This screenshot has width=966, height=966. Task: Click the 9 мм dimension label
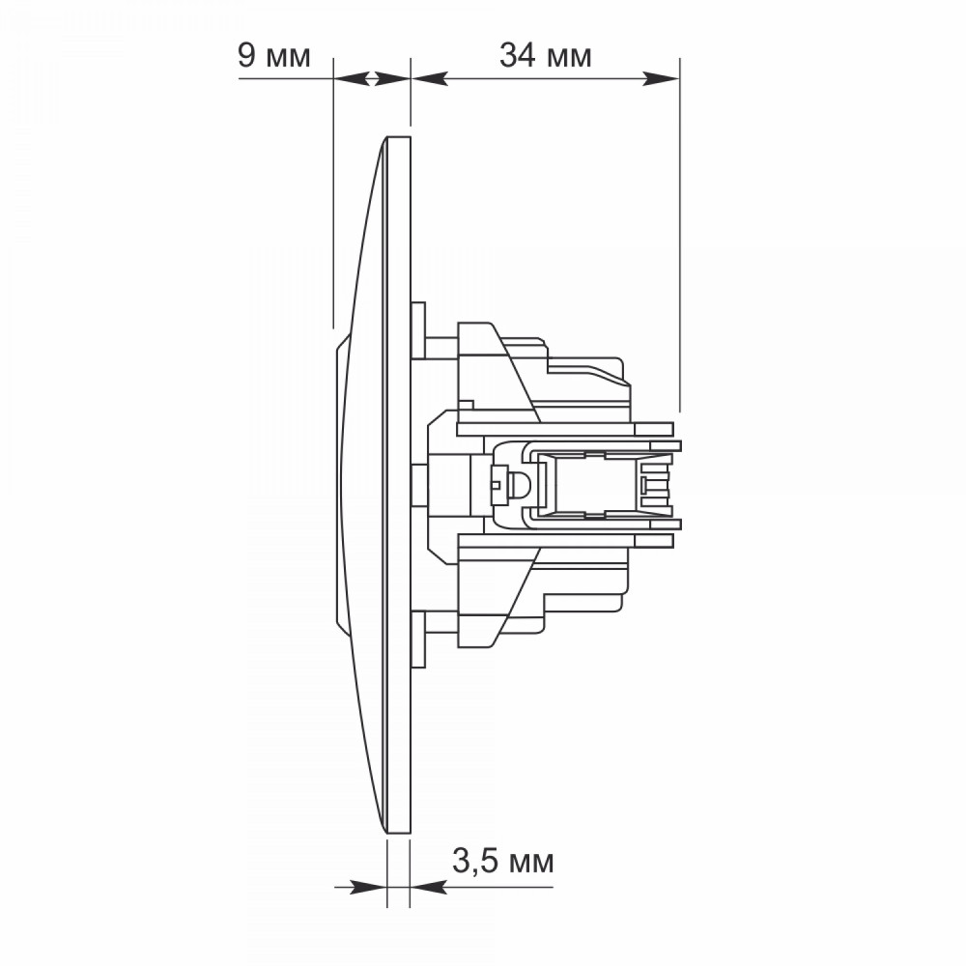pyautogui.click(x=274, y=56)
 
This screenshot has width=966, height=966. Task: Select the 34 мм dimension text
pyautogui.click(x=545, y=56)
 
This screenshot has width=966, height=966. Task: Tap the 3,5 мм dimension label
pyautogui.click(x=502, y=861)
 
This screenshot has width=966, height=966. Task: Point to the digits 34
pyautogui.click(x=518, y=56)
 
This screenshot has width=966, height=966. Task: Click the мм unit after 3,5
pyautogui.click(x=528, y=864)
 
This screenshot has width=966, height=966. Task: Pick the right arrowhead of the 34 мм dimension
pyautogui.click(x=661, y=79)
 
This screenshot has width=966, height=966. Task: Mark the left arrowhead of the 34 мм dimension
pyautogui.click(x=430, y=79)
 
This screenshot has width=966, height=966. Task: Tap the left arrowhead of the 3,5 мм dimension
pyautogui.click(x=367, y=887)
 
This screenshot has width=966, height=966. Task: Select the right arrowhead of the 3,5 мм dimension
pyautogui.click(x=429, y=887)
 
